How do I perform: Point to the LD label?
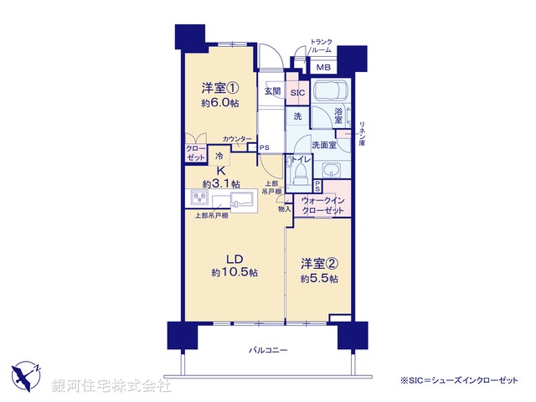[233, 258]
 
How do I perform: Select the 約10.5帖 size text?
[234, 273]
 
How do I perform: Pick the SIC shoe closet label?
[297, 92]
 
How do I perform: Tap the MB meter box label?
[323, 68]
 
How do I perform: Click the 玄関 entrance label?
[272, 91]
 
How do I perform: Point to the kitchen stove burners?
[201, 198]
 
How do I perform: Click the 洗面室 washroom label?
[324, 145]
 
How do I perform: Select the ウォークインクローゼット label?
[322, 206]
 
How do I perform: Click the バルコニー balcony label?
[267, 349]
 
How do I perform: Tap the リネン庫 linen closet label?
[362, 134]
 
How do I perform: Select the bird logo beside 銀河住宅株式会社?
[28, 376]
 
